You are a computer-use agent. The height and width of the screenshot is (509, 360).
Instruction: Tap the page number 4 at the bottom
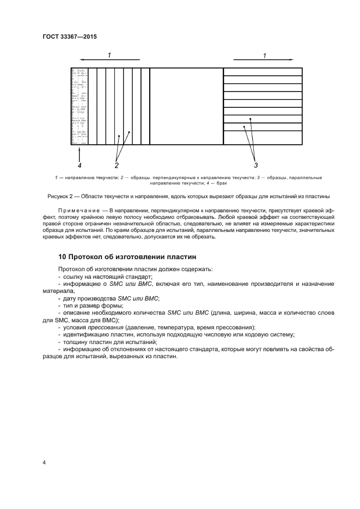[x=44, y=463]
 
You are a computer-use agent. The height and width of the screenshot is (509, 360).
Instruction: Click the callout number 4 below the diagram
[x=79, y=164]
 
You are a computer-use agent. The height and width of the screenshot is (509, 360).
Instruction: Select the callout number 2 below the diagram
[x=117, y=164]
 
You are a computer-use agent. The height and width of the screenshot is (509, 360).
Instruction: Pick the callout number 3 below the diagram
[x=255, y=164]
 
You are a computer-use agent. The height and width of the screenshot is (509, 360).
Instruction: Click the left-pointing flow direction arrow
[x=109, y=60]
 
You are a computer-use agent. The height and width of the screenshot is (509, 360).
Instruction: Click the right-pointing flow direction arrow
[x=264, y=60]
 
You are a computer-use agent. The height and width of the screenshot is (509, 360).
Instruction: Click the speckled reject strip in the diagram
[x=80, y=106]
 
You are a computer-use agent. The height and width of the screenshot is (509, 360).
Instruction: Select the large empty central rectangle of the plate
[x=186, y=106]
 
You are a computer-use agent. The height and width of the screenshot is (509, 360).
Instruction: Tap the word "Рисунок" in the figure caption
[x=70, y=196]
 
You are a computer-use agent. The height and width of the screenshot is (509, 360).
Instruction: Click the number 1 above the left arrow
[x=109, y=55]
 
